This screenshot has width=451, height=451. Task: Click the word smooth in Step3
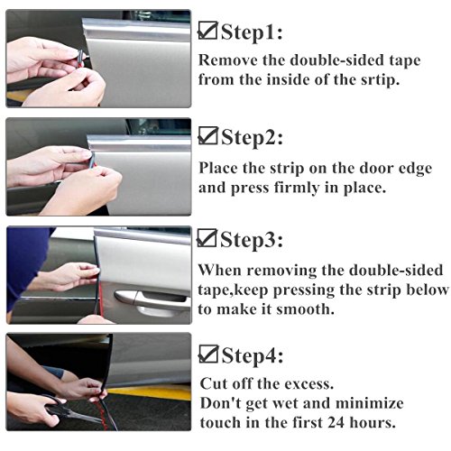point(306,309)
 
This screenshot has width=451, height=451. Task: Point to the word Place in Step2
point(219,170)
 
